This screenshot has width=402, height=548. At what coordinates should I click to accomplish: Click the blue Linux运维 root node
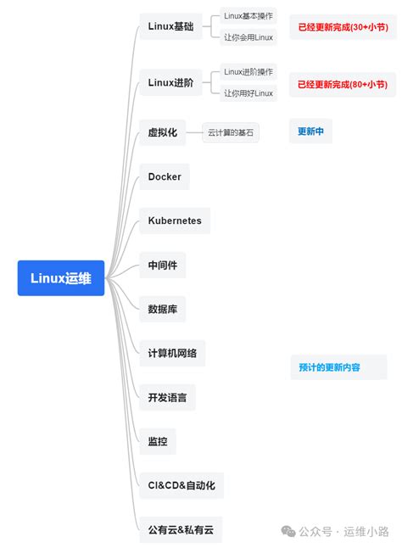click(x=61, y=278)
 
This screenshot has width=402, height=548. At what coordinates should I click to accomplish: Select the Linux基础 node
click(x=170, y=26)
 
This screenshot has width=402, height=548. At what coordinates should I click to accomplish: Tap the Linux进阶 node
click(x=170, y=82)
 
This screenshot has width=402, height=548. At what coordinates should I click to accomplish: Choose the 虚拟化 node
click(x=162, y=132)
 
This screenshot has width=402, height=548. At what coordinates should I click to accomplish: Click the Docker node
click(x=165, y=176)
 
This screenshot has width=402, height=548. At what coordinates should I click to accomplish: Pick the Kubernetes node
click(x=175, y=221)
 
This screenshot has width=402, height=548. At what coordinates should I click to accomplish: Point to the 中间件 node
click(x=162, y=266)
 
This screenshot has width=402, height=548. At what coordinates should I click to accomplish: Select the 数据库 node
click(x=162, y=309)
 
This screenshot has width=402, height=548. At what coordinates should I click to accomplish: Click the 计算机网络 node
click(x=172, y=353)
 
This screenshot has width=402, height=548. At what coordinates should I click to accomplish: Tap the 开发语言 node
click(x=167, y=397)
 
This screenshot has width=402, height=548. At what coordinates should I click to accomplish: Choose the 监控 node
click(x=158, y=441)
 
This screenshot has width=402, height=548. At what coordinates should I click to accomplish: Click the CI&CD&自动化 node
click(x=181, y=485)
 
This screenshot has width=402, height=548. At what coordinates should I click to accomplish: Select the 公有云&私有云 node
click(x=181, y=529)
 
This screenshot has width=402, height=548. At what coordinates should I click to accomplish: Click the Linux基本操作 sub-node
click(x=248, y=15)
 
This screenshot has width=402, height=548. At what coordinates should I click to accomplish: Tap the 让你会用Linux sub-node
click(x=248, y=36)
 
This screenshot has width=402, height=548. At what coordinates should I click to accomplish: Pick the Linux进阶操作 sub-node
click(x=248, y=71)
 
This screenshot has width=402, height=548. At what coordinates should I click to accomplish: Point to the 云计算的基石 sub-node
click(x=231, y=132)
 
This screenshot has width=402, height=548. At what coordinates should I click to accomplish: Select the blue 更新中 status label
click(x=315, y=131)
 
